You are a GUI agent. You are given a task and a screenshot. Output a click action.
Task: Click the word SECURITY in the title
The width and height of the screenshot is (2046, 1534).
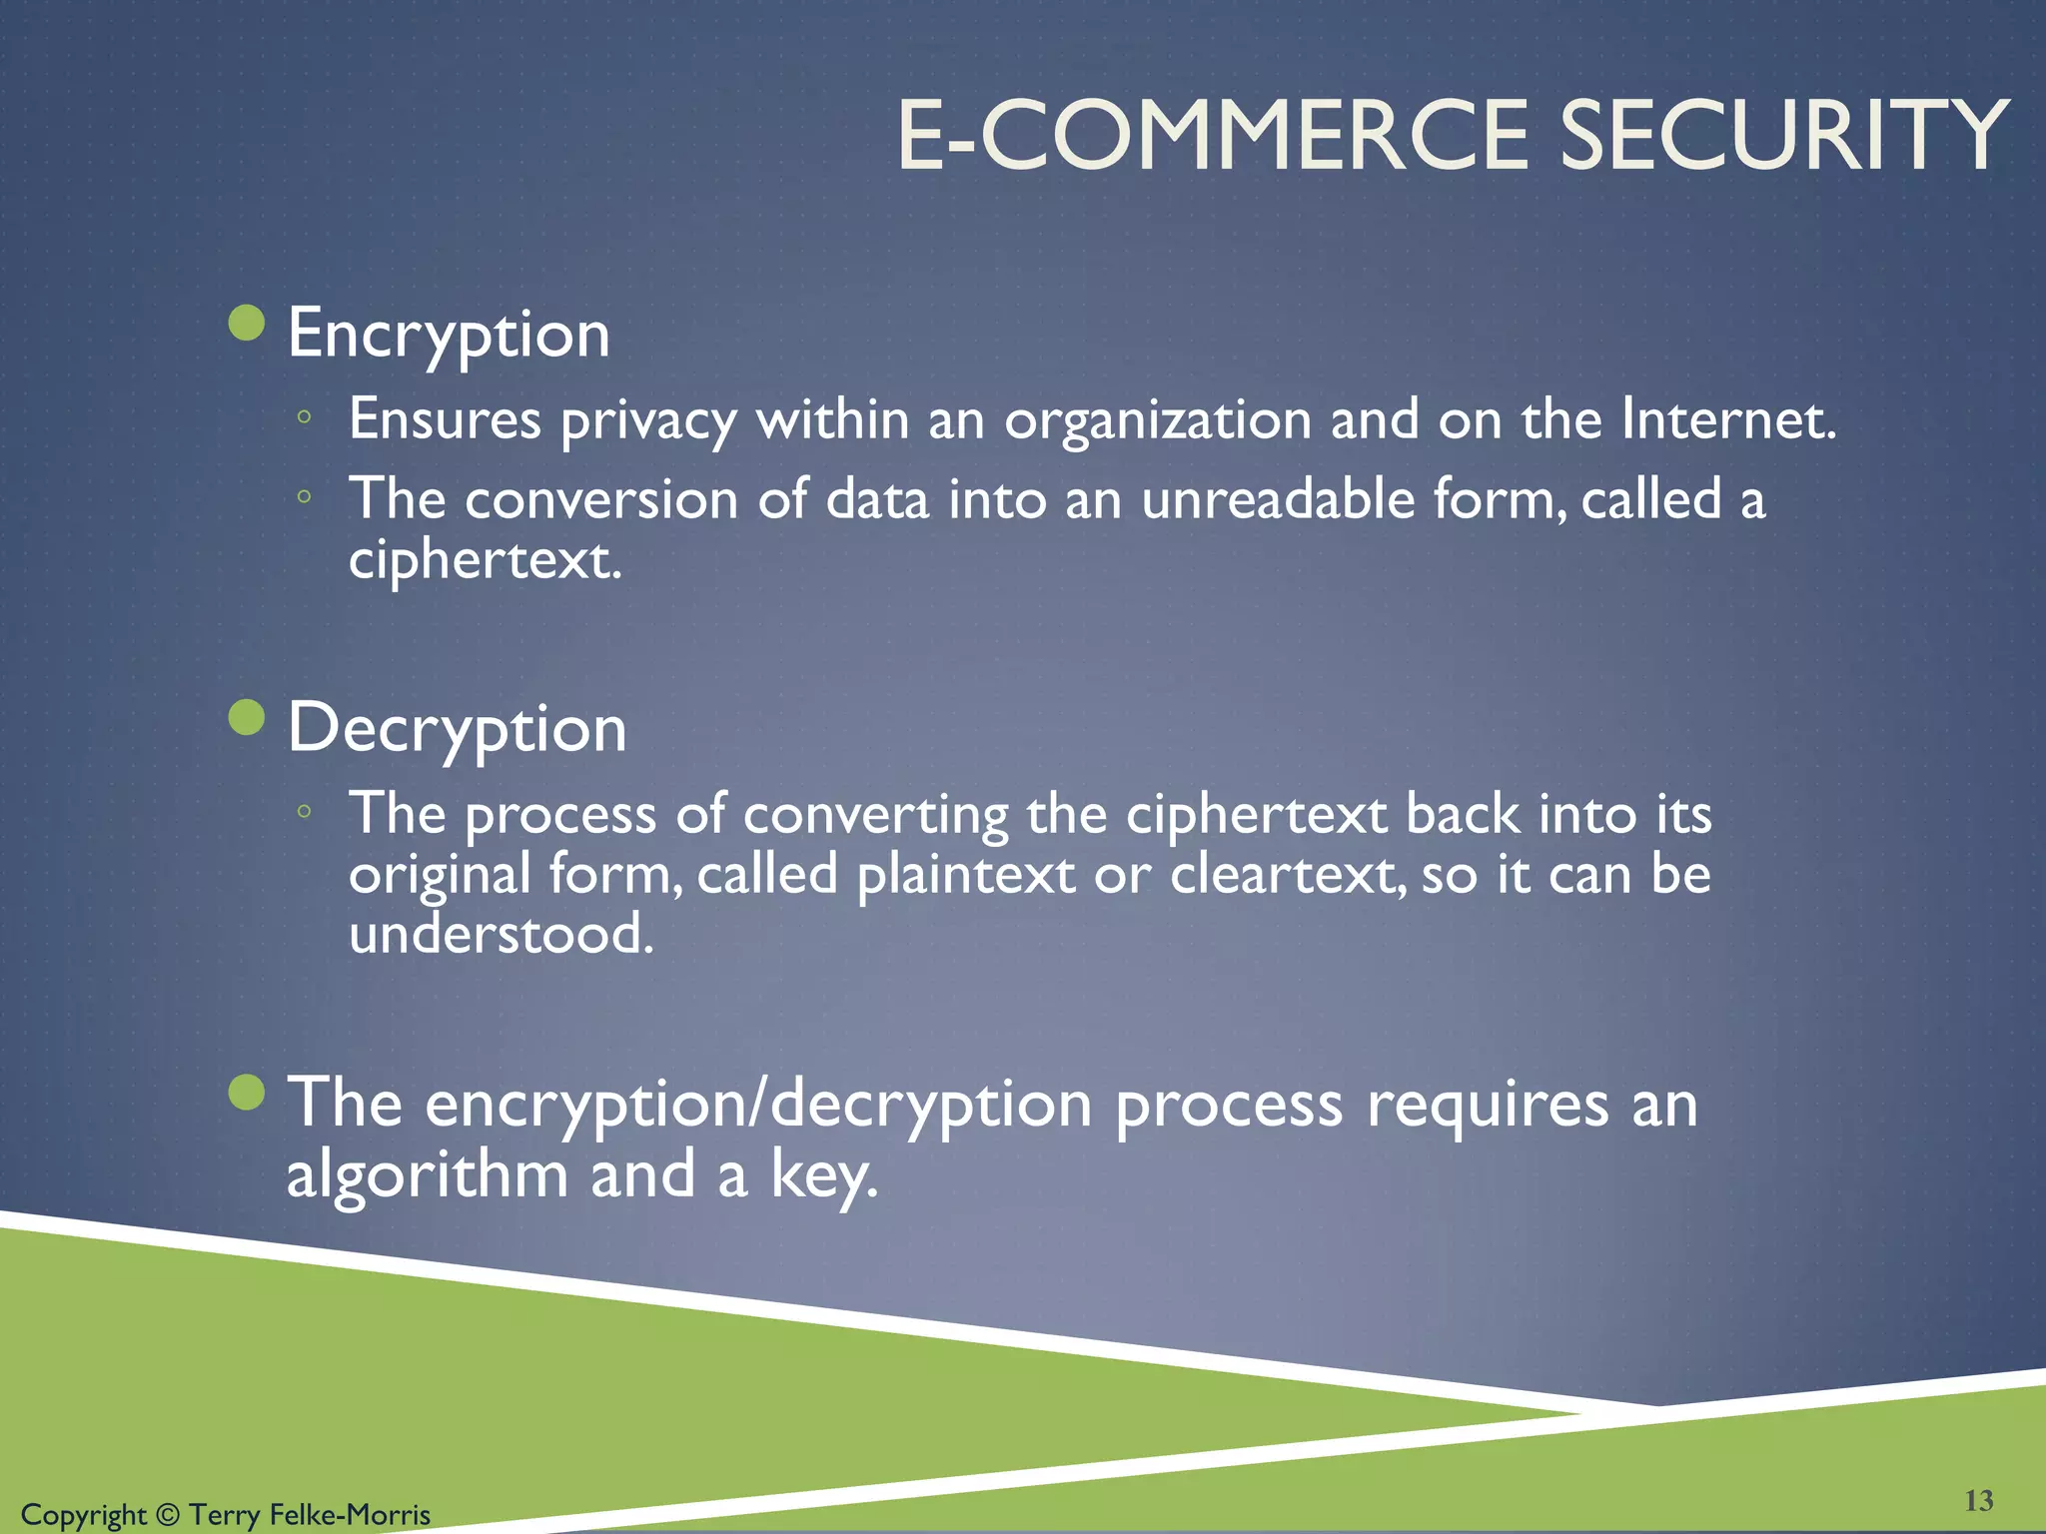coord(1783,135)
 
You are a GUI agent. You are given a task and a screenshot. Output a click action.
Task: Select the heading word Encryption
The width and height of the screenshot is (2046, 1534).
coord(449,335)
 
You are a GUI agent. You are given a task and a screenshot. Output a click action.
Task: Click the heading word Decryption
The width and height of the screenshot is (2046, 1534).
coord(458,729)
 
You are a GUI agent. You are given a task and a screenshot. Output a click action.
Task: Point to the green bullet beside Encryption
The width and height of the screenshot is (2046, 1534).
coord(247,323)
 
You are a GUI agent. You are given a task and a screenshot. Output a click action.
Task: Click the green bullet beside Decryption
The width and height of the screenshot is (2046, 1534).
coord(247,717)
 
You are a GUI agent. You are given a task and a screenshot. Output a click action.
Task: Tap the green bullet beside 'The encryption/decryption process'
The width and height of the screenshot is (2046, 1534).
coord(247,1092)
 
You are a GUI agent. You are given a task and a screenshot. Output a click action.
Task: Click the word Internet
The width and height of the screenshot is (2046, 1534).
coord(1728,418)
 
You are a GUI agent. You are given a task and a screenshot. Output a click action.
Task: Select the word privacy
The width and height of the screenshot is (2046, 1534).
coord(648,420)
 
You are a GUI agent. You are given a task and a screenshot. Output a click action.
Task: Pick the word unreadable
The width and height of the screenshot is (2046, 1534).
coord(1278,498)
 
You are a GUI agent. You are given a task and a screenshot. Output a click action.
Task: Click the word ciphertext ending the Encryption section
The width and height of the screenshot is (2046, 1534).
coord(485,559)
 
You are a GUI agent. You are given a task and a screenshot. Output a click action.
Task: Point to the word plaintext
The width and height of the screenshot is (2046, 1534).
coord(965,875)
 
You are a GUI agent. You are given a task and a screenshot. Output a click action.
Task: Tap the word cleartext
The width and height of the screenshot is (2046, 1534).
coord(1287,875)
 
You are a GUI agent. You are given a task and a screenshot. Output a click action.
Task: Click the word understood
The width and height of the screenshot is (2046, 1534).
coord(501,935)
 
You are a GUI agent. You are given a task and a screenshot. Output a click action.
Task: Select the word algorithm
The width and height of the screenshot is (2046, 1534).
coord(428,1174)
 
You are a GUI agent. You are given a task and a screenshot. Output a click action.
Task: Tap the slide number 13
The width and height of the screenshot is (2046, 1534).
coord(1979,1500)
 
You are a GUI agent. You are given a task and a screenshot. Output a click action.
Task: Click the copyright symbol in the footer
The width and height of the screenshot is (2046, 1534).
coord(168,1515)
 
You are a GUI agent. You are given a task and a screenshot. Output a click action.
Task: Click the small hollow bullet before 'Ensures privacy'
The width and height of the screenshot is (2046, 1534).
coord(305,418)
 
